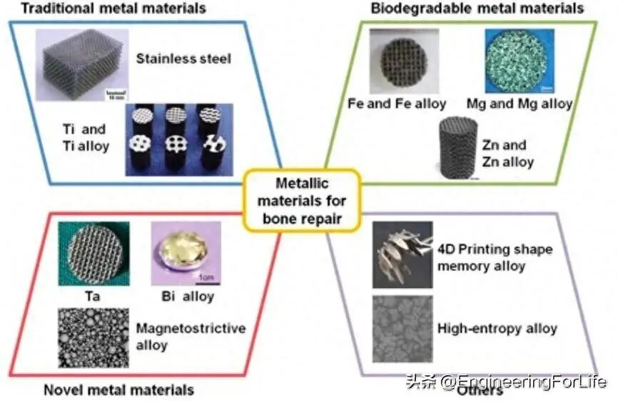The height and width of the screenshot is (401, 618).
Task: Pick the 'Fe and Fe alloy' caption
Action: [397, 104]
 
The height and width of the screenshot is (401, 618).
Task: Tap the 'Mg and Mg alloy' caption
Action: [519, 104]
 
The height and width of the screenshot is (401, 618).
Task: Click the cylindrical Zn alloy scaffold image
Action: [457, 147]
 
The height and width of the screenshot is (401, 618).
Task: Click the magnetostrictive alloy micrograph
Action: [93, 337]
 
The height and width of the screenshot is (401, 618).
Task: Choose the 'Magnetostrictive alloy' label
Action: [190, 337]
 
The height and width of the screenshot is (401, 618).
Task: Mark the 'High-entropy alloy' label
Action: [497, 330]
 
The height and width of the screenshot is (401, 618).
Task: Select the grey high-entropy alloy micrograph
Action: [402, 329]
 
